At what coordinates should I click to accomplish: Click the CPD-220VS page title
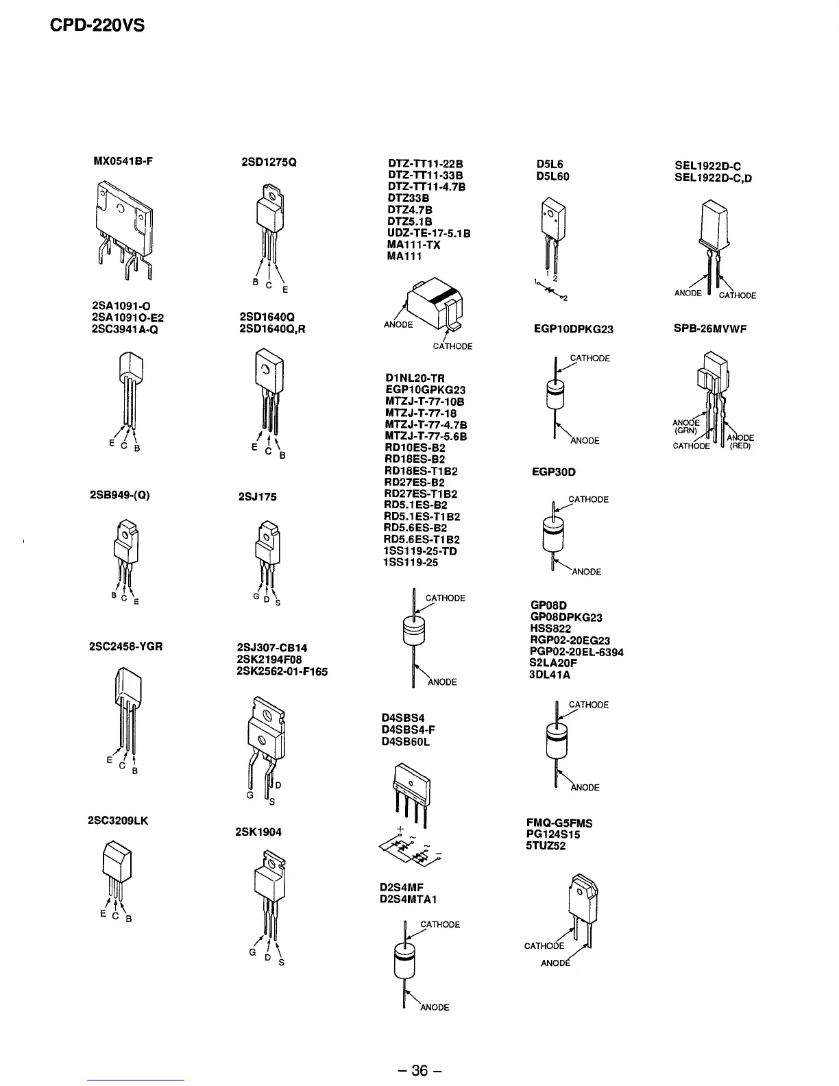(x=97, y=27)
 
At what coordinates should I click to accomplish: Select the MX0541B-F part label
(x=123, y=162)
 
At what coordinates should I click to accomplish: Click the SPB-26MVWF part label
(x=710, y=328)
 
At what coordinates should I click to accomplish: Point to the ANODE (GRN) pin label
(x=685, y=426)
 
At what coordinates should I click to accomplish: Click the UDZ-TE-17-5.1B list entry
(x=428, y=233)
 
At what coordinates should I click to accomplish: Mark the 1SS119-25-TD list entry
(x=420, y=551)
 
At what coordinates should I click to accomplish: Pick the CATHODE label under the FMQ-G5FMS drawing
(x=544, y=946)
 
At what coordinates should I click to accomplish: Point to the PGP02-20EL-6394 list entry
(x=576, y=652)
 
